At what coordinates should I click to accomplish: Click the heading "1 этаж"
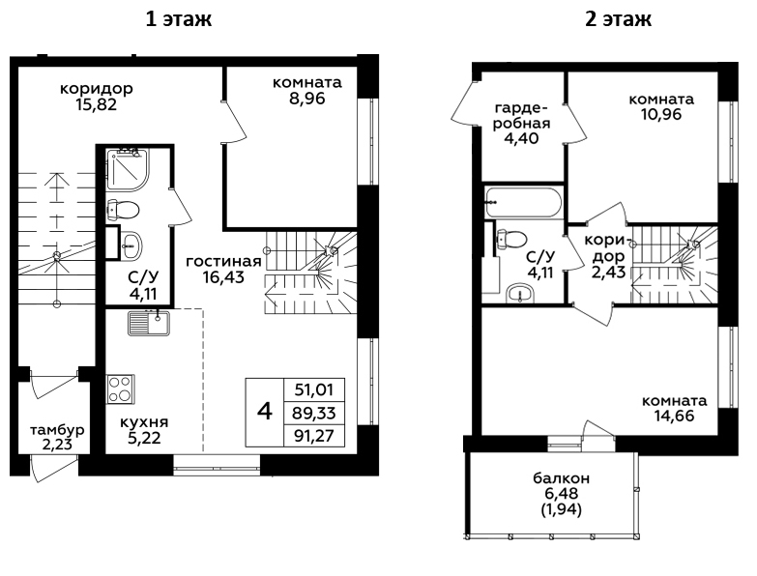tap(179, 19)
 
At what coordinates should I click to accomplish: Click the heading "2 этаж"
tap(619, 19)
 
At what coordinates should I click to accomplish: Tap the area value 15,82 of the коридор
tap(96, 104)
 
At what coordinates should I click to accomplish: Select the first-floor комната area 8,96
tap(307, 99)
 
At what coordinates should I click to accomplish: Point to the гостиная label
tap(223, 262)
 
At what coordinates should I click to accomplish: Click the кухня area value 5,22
tap(144, 438)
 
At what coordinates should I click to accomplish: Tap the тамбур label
tap(57, 430)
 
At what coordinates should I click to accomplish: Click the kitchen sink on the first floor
tap(149, 323)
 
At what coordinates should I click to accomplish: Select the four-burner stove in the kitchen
tap(120, 389)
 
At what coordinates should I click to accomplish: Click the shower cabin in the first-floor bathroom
tap(128, 169)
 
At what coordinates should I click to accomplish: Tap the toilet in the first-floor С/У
tap(123, 210)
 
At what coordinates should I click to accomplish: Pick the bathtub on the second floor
tap(523, 202)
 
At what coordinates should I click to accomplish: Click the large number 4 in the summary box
tap(265, 412)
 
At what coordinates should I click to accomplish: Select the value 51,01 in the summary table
tap(314, 389)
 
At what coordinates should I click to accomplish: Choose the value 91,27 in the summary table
tap(314, 436)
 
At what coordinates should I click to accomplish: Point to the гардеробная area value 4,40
tap(521, 138)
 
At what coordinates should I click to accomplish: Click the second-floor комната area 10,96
tap(661, 114)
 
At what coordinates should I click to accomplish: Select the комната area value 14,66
tap(675, 416)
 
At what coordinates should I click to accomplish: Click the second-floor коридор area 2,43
tap(609, 273)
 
